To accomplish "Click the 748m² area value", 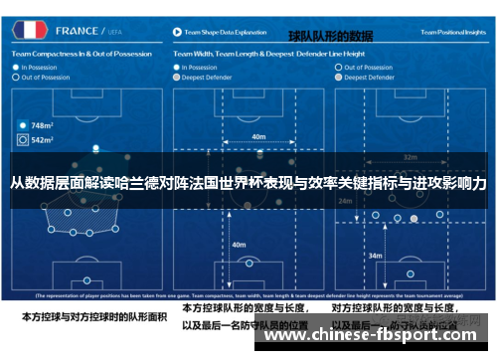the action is pyautogui.click(x=43, y=126).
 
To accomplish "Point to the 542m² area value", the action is pyautogui.click(x=43, y=141).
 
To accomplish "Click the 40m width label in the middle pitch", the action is pyautogui.click(x=258, y=136).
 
